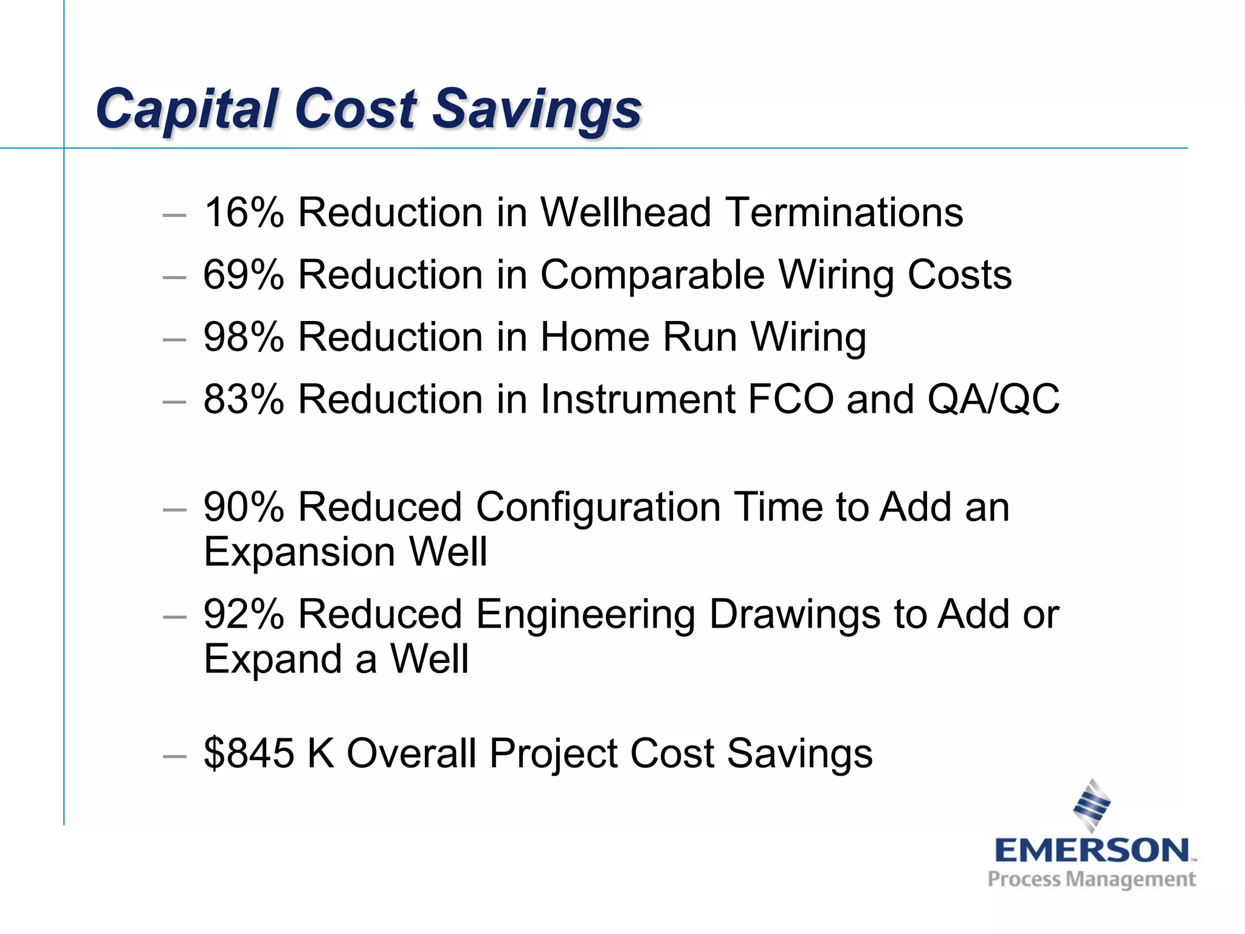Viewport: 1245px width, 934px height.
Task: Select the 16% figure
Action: coord(243,213)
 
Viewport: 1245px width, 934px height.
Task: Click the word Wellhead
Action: coord(626,213)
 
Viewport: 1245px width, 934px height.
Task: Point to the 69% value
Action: coord(243,275)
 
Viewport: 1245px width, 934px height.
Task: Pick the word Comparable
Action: coord(652,275)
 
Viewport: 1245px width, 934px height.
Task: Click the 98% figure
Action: coord(243,337)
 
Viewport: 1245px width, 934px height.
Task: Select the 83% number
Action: coord(243,400)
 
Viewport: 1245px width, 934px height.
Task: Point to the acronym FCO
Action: coord(791,400)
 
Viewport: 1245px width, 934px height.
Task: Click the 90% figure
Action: coord(243,507)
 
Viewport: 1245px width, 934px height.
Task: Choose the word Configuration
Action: coord(598,507)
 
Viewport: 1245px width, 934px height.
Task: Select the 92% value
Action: coord(243,614)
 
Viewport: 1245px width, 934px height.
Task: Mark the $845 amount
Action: coord(249,753)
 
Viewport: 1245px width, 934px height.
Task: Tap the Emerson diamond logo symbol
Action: coord(1092,805)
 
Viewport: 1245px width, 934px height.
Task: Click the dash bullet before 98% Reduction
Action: coord(174,339)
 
